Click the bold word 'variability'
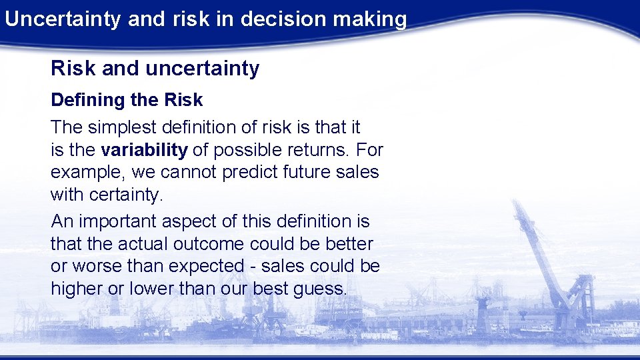click(144, 149)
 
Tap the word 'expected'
click(207, 266)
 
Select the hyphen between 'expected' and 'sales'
click(253, 267)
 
